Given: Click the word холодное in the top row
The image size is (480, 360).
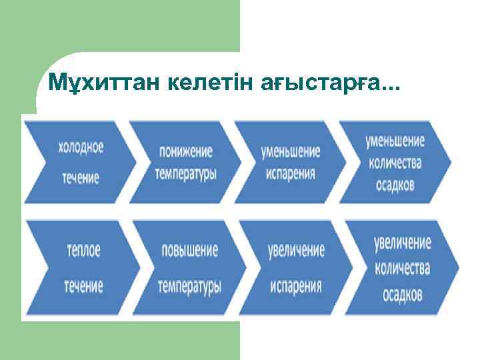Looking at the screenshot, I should pos(81,147).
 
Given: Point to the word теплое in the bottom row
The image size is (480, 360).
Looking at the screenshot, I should pos(83,251).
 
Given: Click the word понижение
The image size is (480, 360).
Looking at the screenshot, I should pos(186,151).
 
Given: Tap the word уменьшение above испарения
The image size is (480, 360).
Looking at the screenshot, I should pos(291,151).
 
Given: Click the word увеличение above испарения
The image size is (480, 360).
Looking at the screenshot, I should pos(297,251).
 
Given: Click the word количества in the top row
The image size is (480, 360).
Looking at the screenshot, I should pos(395,163).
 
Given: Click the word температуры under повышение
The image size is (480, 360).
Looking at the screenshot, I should pos(190,287).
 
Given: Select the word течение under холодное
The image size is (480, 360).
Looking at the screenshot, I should pos(81,178).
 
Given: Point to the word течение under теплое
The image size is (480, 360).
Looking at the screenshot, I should pos(83,287).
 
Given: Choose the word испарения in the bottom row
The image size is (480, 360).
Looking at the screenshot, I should pos(297,287).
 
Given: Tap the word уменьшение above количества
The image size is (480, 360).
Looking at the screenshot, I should pos(395,141).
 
